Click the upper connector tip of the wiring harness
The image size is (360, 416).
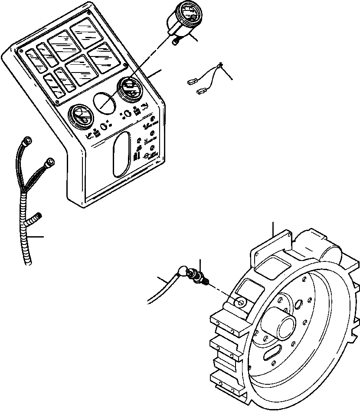[x=27, y=140]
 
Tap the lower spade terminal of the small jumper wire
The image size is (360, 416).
[x=201, y=91]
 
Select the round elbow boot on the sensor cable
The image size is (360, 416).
[x=181, y=273]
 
